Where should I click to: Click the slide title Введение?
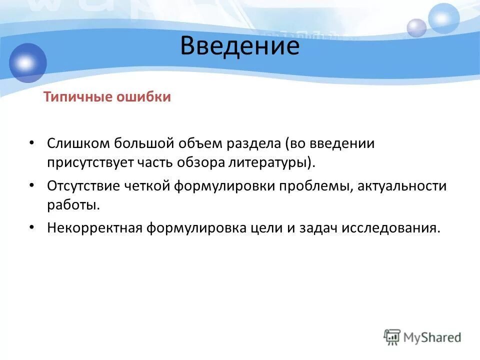coord(239,46)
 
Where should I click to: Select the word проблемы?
coord(307,186)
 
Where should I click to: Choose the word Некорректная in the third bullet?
coord(94,228)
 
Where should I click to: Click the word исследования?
coord(391,228)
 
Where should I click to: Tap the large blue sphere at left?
coord(27,63)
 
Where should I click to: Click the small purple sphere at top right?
coord(416,27)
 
